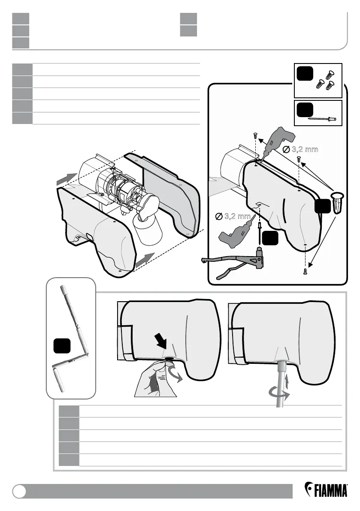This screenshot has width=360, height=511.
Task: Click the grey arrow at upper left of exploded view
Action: point(67,180)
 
